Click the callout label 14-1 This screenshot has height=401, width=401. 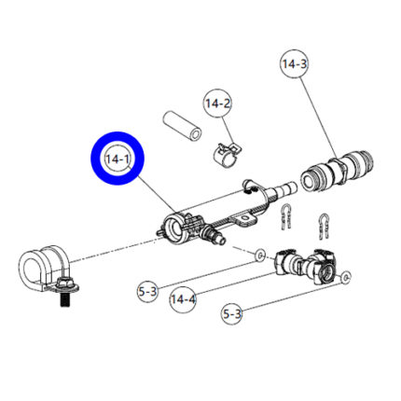[x=118, y=159]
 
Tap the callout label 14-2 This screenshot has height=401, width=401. [x=218, y=104]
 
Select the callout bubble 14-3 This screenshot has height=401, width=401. [x=295, y=63]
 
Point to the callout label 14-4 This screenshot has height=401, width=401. [x=184, y=300]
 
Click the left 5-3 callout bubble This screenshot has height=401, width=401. [x=147, y=292]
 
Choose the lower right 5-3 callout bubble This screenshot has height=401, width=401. [x=231, y=314]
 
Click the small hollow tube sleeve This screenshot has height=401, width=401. [x=182, y=125]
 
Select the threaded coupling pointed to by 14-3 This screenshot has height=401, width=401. [x=337, y=172]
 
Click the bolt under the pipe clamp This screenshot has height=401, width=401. [x=64, y=298]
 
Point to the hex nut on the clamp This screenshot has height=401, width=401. [x=64, y=283]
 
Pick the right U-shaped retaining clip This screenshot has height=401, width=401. [x=324, y=226]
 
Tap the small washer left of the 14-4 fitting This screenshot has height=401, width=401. [x=260, y=256]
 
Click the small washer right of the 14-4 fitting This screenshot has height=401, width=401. [x=346, y=277]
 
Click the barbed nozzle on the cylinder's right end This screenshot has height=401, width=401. [x=282, y=189]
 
